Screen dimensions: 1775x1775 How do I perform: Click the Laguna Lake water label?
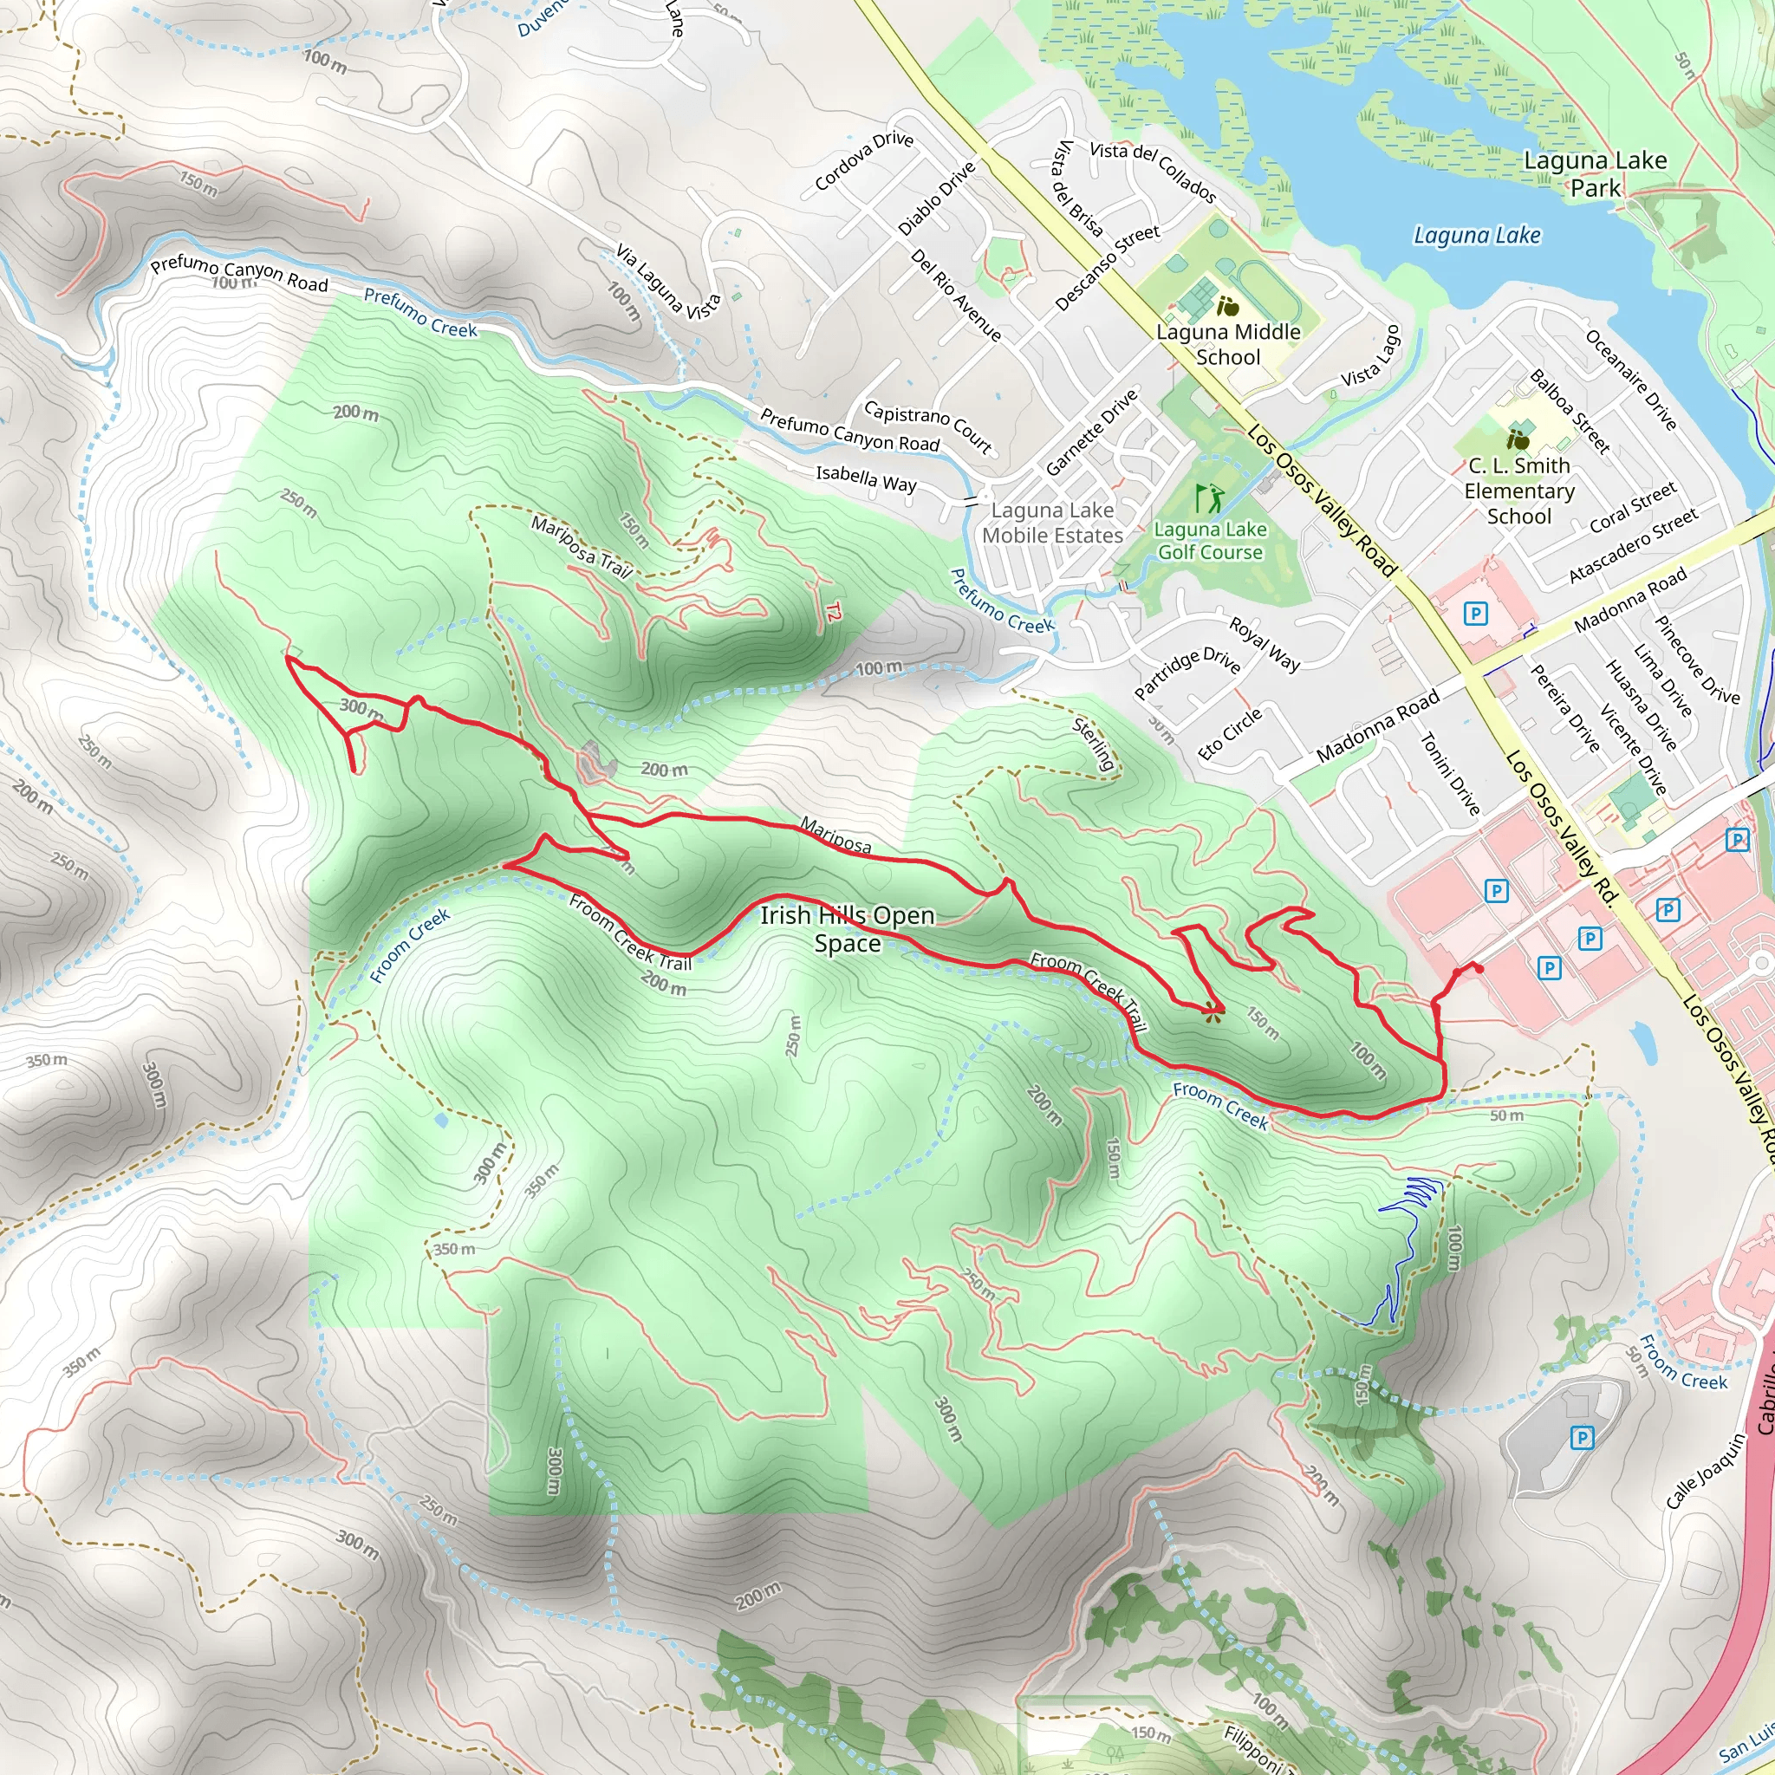[1476, 235]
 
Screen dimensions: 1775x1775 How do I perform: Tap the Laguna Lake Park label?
[1595, 173]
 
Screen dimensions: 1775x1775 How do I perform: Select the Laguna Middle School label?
[1228, 345]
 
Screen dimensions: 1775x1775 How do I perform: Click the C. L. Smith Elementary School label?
[1518, 491]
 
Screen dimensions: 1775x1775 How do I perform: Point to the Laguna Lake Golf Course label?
[1210, 541]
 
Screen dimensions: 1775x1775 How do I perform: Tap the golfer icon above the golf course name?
[1210, 499]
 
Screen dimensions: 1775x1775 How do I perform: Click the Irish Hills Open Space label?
[847, 929]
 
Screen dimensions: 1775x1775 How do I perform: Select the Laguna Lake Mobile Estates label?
[1052, 523]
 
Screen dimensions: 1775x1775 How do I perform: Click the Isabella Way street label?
[866, 478]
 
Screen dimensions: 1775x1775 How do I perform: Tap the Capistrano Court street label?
[928, 427]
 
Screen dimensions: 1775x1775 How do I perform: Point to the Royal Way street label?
[1265, 644]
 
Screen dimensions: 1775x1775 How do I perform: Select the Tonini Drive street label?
[1450, 774]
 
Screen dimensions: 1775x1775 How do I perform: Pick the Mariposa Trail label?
[582, 548]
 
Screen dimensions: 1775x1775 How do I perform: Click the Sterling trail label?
[1093, 744]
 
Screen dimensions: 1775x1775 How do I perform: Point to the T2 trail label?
[832, 611]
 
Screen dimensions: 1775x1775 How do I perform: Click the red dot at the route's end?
[1479, 968]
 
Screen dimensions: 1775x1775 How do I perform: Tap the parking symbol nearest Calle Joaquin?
[1581, 1438]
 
